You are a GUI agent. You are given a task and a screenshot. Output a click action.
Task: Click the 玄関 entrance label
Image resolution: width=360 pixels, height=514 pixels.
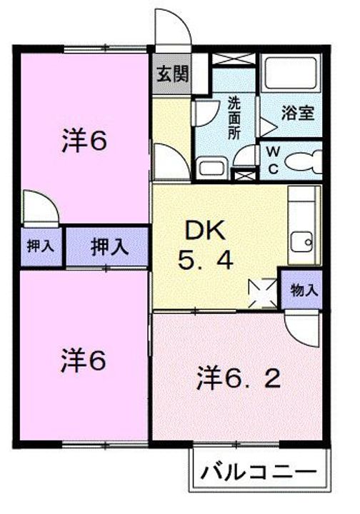172,74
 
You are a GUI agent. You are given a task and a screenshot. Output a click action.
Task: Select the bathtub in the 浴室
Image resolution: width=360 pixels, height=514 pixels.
291,74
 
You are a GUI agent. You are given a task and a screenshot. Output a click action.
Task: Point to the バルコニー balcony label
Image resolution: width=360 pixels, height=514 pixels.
259,473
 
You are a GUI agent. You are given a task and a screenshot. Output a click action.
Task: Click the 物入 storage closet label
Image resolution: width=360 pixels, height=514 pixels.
304,290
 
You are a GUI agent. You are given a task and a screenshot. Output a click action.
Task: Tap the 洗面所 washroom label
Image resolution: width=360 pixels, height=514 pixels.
234,118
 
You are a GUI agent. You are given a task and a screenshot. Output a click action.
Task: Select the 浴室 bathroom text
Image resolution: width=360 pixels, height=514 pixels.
298,113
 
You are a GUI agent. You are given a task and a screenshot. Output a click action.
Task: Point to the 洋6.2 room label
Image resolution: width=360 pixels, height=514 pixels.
239,379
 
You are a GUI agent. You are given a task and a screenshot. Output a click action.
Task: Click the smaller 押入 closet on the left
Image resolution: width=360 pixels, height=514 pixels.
41,246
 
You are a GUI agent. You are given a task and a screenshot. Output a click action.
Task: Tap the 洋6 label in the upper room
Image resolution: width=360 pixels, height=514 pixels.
84,141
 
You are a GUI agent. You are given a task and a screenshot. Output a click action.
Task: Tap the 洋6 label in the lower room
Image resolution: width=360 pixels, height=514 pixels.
84,361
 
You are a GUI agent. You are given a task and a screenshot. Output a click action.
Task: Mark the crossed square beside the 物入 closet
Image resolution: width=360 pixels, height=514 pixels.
263,293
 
